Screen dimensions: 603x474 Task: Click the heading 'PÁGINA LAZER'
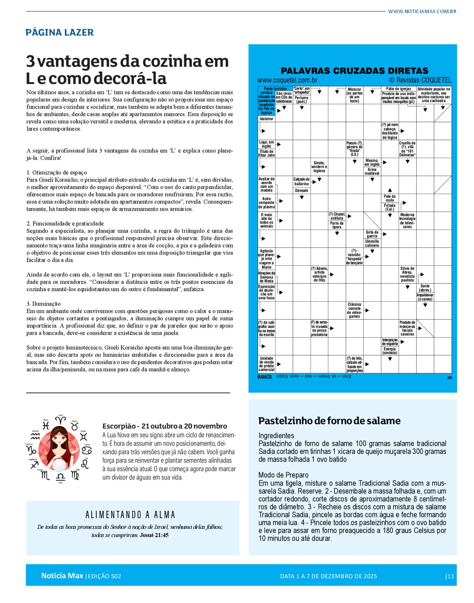[59, 33]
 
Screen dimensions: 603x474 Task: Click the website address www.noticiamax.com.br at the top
[422, 12]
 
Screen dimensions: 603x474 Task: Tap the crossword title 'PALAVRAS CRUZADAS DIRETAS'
[354, 71]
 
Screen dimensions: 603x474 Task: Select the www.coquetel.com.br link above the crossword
[287, 80]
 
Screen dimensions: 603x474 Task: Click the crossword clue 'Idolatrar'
[266, 119]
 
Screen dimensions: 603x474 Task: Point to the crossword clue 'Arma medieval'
[372, 171]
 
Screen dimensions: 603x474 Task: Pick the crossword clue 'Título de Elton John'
[266, 153]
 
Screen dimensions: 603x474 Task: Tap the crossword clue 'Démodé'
[301, 190]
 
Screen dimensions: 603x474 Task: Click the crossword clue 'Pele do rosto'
[390, 198]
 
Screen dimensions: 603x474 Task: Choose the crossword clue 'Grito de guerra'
[372, 234]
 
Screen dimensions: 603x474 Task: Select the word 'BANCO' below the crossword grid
[265, 377]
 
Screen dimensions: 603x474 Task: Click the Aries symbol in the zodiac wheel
[60, 419]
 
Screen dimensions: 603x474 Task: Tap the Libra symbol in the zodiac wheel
[60, 477]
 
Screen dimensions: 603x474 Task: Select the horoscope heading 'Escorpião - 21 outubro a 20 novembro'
[165, 426]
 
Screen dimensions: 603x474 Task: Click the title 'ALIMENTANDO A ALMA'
[130, 515]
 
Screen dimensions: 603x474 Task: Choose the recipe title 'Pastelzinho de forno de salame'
[329, 421]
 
